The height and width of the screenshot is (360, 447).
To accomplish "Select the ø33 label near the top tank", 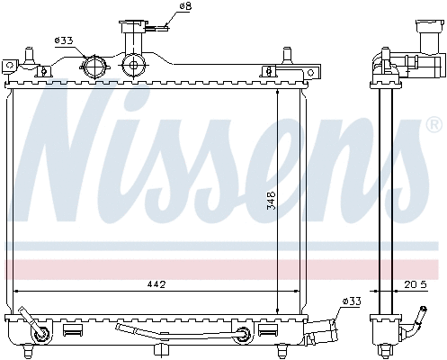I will [x=65, y=40].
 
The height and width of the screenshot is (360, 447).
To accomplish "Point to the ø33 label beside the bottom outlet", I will [x=352, y=301].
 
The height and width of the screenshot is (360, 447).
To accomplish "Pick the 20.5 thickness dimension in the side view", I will [x=416, y=284].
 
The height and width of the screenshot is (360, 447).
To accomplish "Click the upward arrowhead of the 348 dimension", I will [x=277, y=93].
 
